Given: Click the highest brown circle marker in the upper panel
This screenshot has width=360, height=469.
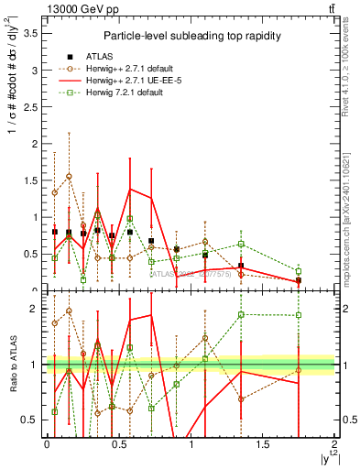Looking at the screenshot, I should pyautogui.click(x=69, y=176).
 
